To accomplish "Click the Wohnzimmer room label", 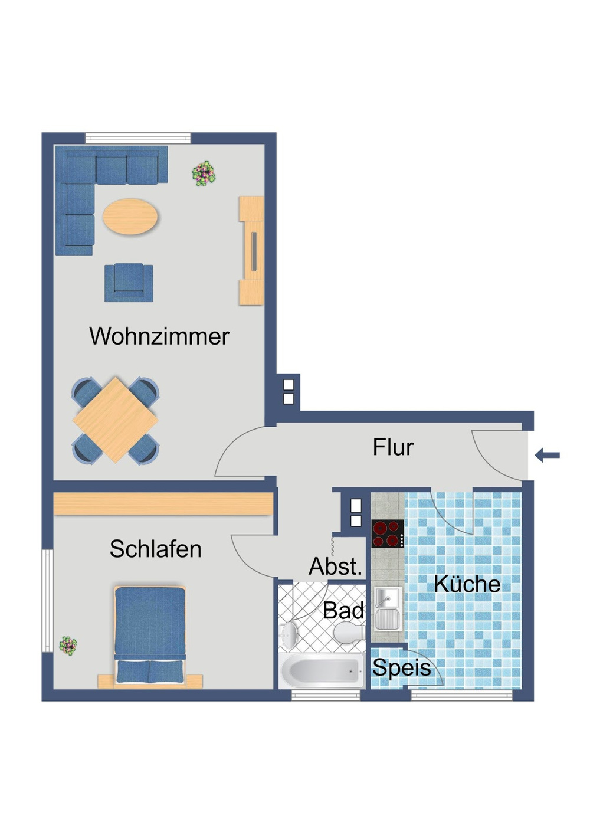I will coord(159,336).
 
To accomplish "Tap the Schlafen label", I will coord(156,549).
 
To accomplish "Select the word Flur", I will coord(393,447).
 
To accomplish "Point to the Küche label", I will coord(467,584).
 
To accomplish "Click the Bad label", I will coord(343,610).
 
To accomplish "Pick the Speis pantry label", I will coord(401,667).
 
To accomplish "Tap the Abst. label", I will coord(335,567).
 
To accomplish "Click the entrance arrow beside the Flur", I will coord(548,455).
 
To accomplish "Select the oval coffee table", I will coord(130,217).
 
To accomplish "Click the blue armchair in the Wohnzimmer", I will coord(129,282).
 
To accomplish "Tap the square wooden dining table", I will coord(115,420).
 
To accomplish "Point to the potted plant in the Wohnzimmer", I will coord(204,173).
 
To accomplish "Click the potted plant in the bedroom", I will coord(68,645).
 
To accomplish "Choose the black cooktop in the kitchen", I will coord(387,533).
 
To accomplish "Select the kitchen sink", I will coord(388,608).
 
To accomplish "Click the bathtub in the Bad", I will coord(322,670).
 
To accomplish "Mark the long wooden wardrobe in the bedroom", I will coord(163,504).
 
